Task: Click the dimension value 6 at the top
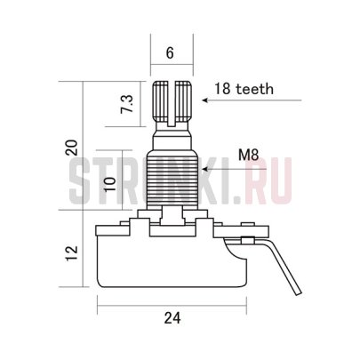click(170, 53)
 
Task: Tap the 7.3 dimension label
click(127, 105)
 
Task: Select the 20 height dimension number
click(72, 148)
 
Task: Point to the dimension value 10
click(110, 184)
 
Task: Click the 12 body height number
click(72, 252)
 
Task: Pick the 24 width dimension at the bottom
click(172, 318)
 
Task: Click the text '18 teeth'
click(244, 89)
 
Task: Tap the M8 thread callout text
click(249, 155)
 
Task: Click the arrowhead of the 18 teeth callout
click(205, 100)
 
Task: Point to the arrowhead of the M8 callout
click(205, 169)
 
